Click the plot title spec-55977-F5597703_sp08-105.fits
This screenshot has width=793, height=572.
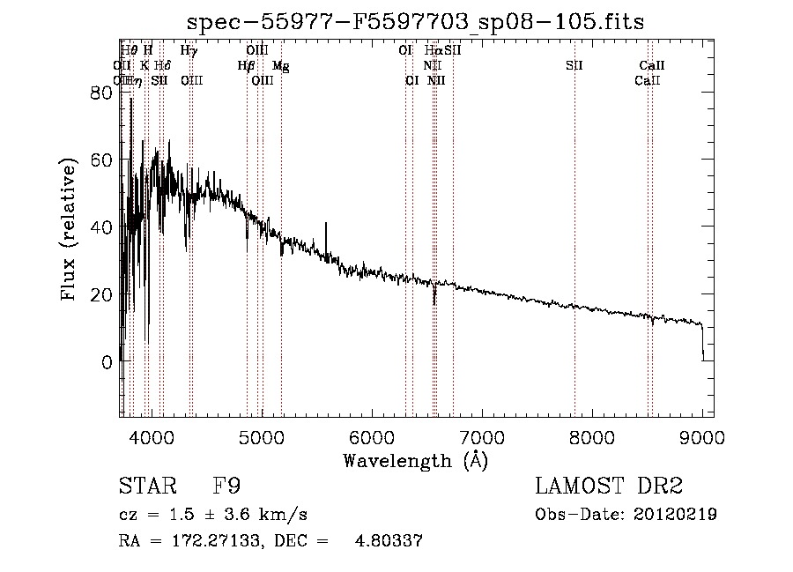(417, 23)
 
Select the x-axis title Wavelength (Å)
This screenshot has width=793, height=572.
(415, 460)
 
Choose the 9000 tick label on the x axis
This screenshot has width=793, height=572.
(702, 437)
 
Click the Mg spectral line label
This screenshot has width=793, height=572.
(281, 65)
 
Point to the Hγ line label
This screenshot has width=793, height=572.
(189, 50)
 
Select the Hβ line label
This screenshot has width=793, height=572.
(246, 65)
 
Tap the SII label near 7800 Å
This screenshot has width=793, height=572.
(574, 65)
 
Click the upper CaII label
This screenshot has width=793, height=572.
(652, 65)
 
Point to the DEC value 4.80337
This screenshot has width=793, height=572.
(389, 541)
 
